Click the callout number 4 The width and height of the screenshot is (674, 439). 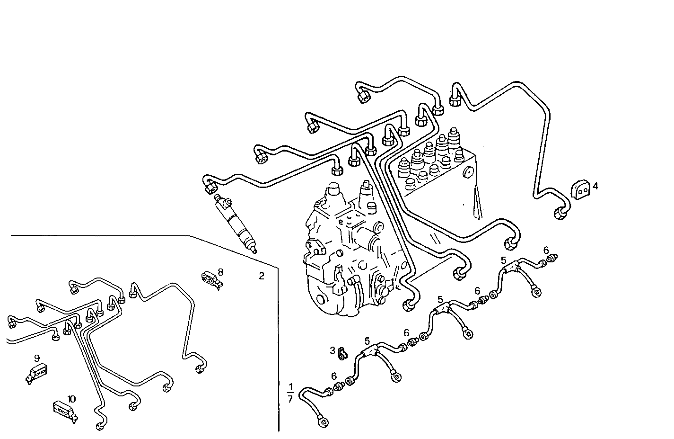pos(595,187)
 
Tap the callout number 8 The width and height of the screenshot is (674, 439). pos(220,272)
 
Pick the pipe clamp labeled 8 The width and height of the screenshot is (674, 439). pos(210,279)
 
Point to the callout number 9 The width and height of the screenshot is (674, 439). pos(37,358)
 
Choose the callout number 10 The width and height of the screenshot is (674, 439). pos(71,399)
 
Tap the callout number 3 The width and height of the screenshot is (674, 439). pos(333,350)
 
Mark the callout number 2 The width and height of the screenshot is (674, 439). pos(262,276)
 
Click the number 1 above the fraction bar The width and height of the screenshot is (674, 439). pos(290,387)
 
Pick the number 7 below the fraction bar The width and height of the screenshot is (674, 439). pos(290,399)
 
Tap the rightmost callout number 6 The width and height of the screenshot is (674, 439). pos(546,250)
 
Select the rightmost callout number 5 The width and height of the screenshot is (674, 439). pos(504,260)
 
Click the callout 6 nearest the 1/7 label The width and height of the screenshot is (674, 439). pos(334,376)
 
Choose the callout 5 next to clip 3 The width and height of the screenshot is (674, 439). pos(367,340)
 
